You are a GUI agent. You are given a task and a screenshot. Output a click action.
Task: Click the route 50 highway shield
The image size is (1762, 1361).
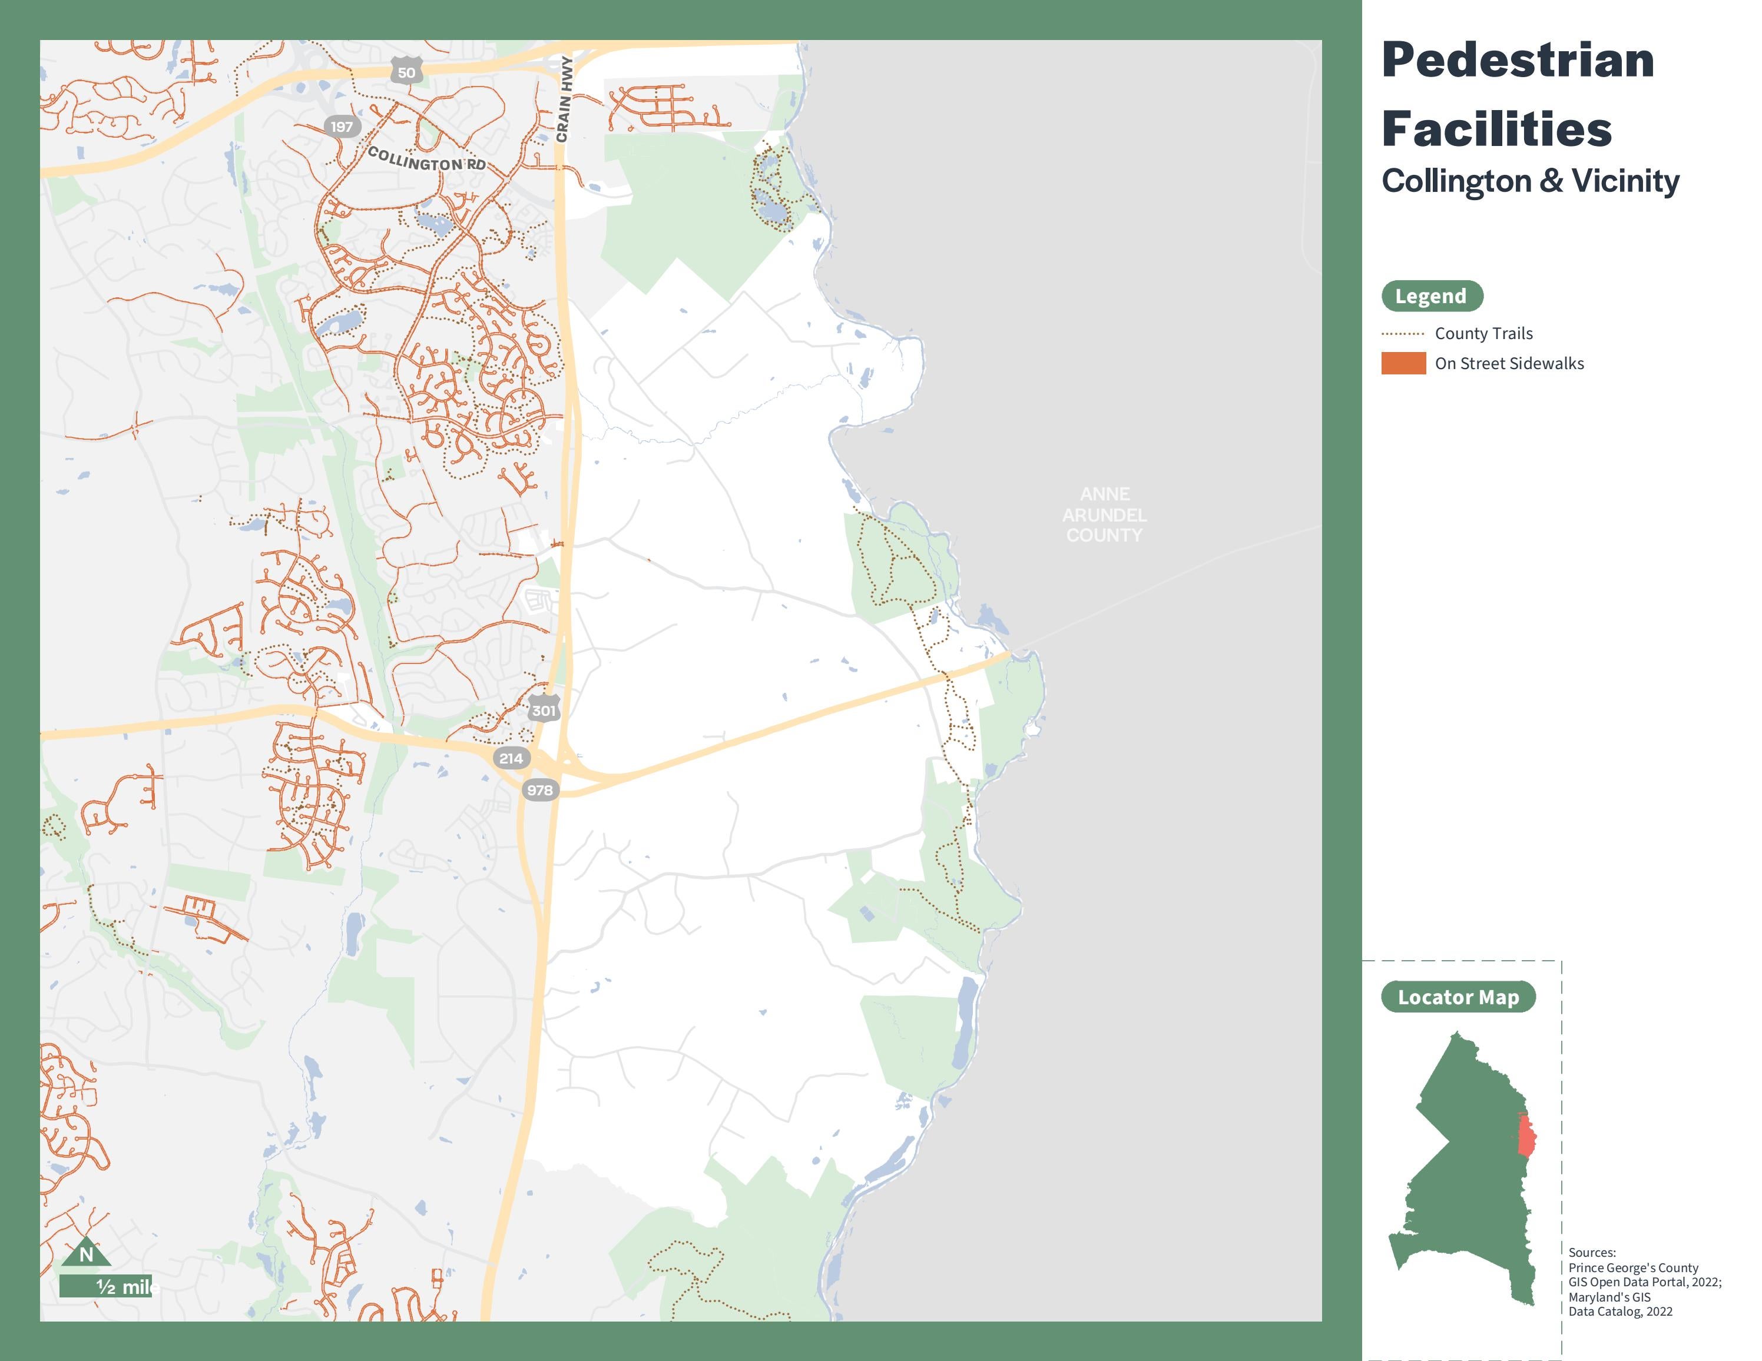point(406,72)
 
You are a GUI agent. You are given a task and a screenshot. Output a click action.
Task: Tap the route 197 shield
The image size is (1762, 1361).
point(341,127)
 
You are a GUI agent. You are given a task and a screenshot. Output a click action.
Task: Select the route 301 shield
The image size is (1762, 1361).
point(544,709)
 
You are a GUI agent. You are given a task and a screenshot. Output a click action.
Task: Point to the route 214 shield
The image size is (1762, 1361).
point(511,758)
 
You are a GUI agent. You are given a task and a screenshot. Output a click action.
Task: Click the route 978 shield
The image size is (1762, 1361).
point(540,789)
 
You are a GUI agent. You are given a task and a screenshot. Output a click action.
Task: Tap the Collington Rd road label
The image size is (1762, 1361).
point(427,159)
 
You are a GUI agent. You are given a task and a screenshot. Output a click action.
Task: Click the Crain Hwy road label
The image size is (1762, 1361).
point(565,99)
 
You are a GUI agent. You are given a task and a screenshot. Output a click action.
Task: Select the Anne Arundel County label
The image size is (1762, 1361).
point(1104,514)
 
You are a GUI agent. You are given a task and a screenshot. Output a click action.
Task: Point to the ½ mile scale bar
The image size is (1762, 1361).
point(105,1286)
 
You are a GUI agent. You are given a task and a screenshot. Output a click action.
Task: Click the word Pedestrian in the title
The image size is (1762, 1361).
point(1518,61)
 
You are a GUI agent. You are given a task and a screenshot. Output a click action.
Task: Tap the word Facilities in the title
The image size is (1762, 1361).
point(1496,129)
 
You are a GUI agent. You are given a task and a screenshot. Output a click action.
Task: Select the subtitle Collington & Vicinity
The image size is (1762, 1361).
point(1529,181)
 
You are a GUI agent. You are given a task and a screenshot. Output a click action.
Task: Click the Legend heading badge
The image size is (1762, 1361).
point(1431,296)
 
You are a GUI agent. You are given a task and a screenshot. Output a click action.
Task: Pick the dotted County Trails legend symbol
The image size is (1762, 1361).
point(1403,334)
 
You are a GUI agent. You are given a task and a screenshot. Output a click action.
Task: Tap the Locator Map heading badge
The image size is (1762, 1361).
point(1458,997)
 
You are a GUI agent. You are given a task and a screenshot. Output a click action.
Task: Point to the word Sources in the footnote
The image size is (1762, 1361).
point(1592,1252)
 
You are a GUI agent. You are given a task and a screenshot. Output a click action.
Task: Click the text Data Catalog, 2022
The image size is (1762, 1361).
point(1620,1311)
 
